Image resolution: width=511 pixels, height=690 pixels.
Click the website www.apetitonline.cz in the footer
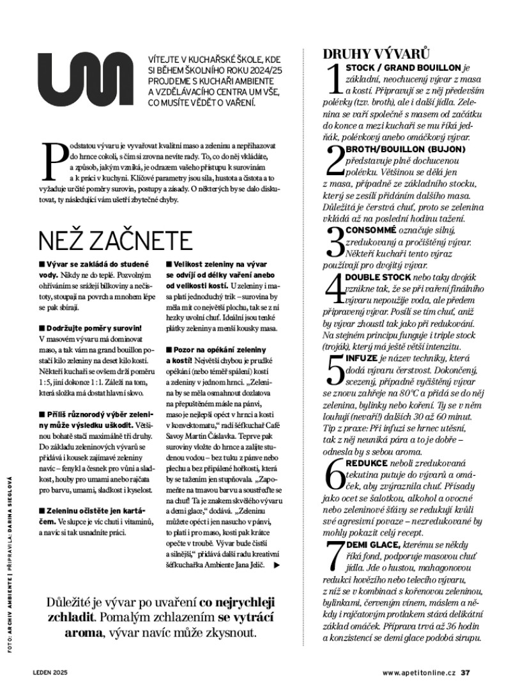(420, 673)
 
